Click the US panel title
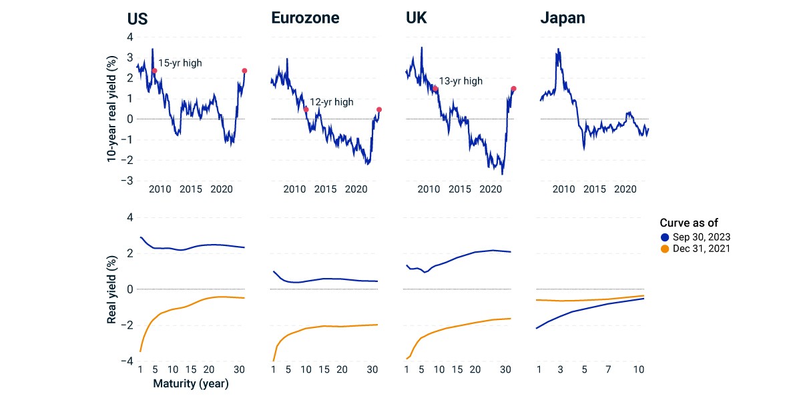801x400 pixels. pos(138,19)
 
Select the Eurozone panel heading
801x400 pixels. pos(305,18)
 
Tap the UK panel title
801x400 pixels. pos(417,18)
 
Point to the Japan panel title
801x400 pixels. pos(563,18)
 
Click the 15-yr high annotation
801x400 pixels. pos(180,63)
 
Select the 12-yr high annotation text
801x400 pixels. pos(332,102)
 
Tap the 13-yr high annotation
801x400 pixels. pos(461,81)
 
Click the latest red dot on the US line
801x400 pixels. pos(244,71)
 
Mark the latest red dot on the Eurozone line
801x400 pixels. pos(379,109)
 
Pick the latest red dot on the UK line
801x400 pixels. pos(513,89)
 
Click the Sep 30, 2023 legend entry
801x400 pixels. pos(696,237)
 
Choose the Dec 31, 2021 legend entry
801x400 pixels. pos(696,249)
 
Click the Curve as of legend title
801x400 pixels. pos(689,223)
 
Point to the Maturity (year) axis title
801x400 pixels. pos(191,383)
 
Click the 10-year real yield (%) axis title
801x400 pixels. pos(111,109)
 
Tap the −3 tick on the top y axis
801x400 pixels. pos(127,181)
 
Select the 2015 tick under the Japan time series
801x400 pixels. pos(594,189)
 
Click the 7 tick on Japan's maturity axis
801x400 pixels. pos(608,369)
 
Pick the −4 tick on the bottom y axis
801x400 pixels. pos(127,361)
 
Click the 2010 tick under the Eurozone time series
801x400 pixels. pos(294,189)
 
